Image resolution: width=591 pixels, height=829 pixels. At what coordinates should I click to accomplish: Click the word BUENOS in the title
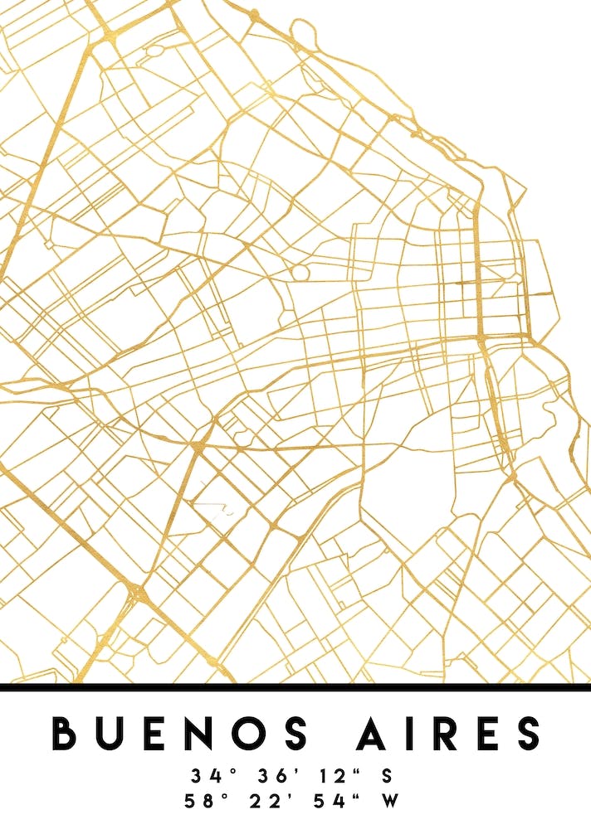click(179, 733)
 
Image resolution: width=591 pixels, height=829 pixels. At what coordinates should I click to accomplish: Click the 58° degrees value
click(209, 802)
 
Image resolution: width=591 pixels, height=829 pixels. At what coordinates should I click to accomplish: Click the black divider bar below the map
click(295, 687)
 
